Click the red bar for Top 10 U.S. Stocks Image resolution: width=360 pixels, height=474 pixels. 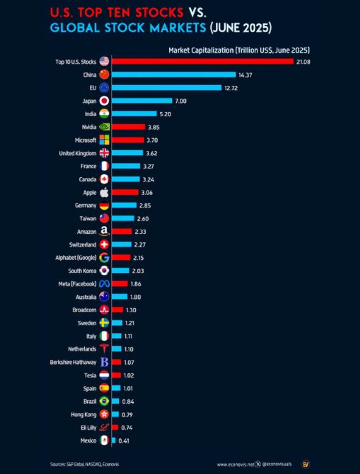pos(203,62)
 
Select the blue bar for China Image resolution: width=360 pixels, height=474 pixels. pos(174,75)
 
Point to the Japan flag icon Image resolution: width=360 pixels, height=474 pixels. pos(104,101)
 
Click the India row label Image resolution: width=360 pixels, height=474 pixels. pos(90,114)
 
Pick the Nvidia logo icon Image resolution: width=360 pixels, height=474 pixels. pos(104,127)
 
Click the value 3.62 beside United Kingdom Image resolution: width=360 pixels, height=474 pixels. pos(151,153)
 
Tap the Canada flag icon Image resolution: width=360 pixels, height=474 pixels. pos(104,179)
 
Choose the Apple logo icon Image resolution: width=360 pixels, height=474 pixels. pos(104,192)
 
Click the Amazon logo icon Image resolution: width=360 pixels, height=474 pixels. pos(104,232)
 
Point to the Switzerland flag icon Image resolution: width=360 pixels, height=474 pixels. pos(104,245)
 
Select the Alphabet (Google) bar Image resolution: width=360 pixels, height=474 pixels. pos(121,258)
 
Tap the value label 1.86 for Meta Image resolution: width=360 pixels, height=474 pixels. pos(136,283)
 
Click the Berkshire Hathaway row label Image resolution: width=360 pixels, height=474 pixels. pos(73,362)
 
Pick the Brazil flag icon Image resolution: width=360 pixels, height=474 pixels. pos(104,401)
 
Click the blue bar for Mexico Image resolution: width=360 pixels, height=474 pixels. pos(114,440)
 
